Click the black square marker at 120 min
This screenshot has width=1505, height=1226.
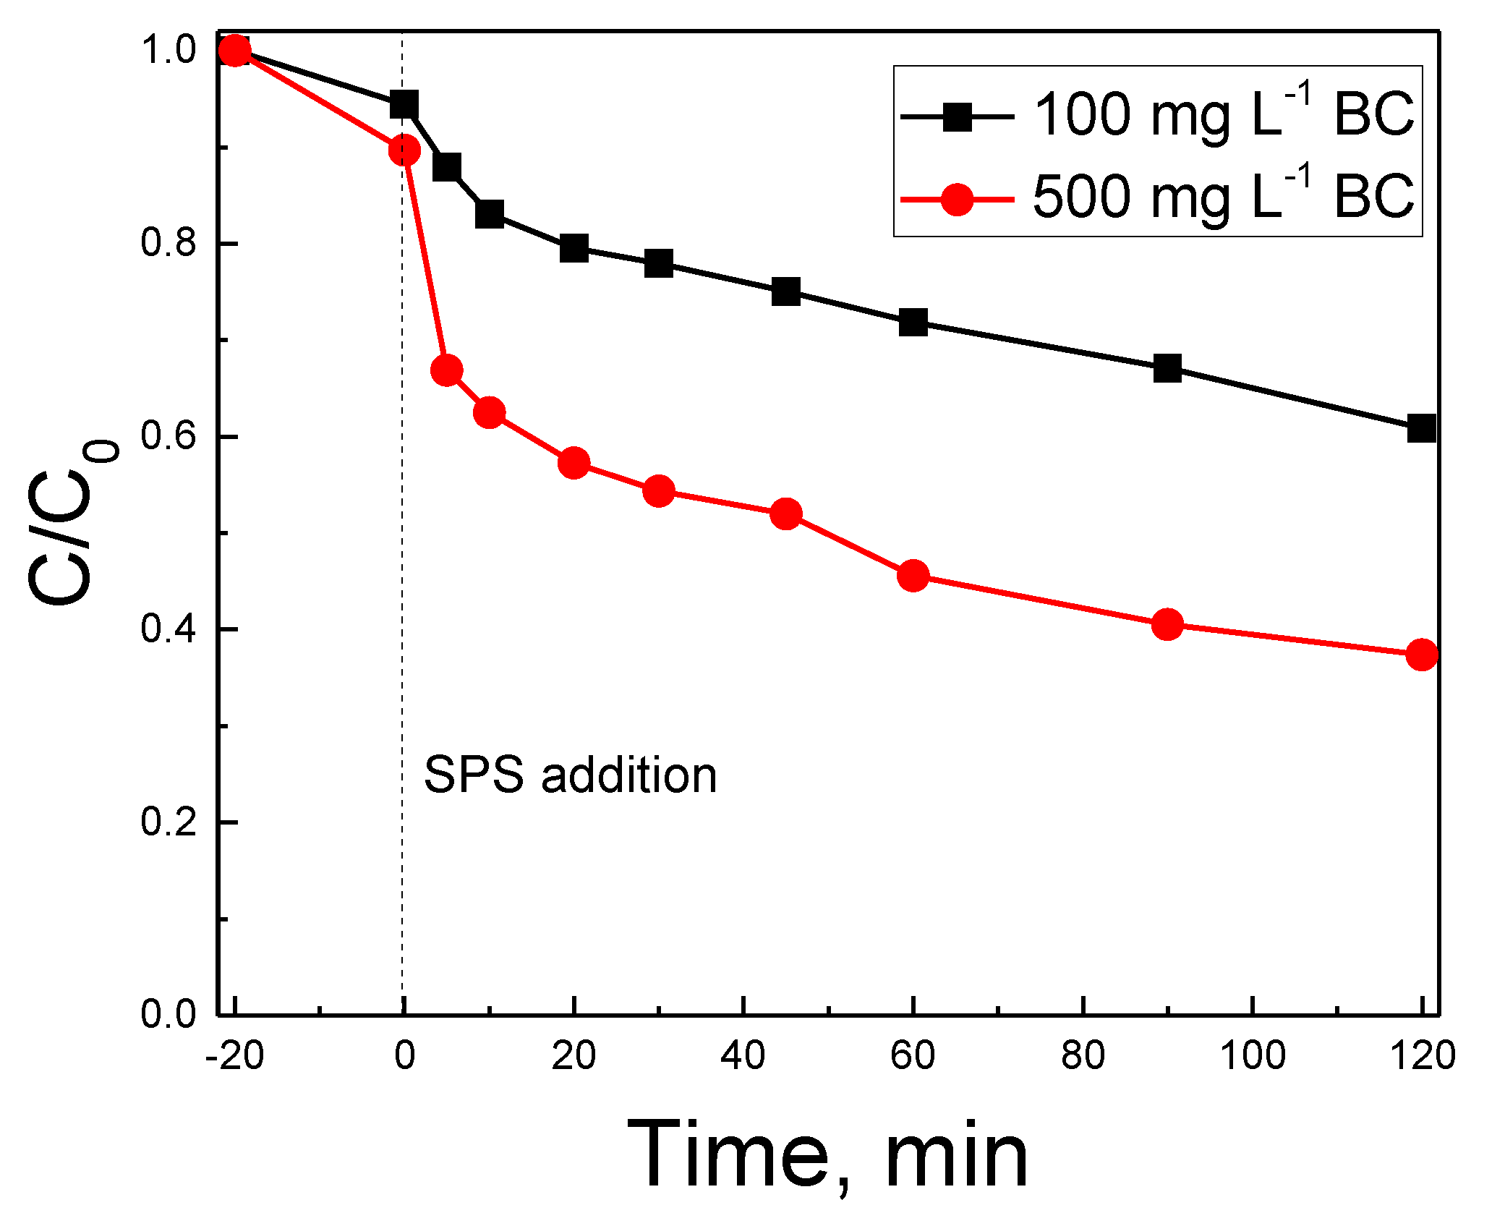coord(1421,428)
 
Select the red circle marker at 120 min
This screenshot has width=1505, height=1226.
coord(1421,655)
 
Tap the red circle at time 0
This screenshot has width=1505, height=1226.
coord(404,150)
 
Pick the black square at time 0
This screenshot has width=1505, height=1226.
coord(404,105)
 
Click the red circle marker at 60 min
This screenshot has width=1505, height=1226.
coord(913,576)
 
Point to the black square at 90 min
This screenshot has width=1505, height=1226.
coord(1167,368)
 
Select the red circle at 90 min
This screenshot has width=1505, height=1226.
coord(1167,623)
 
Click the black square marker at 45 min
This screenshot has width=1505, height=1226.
coord(785,291)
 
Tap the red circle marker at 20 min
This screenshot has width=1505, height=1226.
coord(574,462)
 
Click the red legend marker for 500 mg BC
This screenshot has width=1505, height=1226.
coord(957,199)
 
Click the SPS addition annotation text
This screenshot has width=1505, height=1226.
coord(570,775)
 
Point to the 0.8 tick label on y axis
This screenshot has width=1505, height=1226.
coord(169,243)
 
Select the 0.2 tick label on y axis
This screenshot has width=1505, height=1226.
coord(169,822)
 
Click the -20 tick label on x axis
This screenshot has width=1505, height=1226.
coord(234,1056)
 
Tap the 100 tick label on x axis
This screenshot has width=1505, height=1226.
coord(1252,1056)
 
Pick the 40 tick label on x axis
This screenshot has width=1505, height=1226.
coord(743,1056)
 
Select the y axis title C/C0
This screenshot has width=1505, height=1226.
coord(69,521)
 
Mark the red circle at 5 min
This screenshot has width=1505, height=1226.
coord(446,370)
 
